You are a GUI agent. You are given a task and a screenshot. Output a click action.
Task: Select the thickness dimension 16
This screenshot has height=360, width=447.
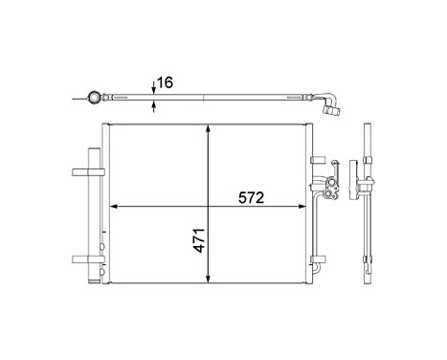166,84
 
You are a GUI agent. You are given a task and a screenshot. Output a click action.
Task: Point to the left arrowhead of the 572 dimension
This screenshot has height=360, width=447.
115,206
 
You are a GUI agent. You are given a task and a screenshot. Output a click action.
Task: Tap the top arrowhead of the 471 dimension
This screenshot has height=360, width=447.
209,130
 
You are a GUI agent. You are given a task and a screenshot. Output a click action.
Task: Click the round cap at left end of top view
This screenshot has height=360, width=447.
94,97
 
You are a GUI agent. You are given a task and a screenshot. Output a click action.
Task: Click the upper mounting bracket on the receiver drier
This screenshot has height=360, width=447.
84,173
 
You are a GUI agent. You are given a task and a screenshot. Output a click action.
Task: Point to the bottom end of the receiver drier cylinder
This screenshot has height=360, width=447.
95,279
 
